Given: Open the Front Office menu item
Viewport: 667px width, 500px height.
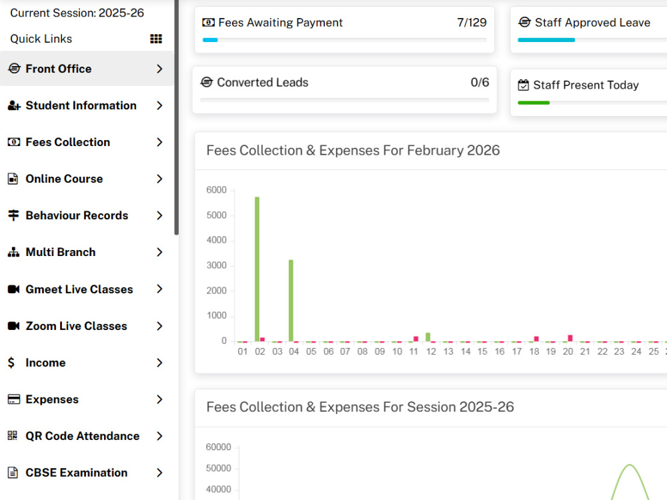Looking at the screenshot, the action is [x=58, y=69].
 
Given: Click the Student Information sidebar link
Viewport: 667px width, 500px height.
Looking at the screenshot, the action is [x=81, y=105].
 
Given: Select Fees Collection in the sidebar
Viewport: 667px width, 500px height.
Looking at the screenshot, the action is [x=67, y=142].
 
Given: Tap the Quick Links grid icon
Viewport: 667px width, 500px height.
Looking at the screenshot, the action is [x=156, y=39].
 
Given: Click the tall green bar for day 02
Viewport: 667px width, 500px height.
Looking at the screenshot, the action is [x=257, y=269].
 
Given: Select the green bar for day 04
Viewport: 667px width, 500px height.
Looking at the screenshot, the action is [x=291, y=300].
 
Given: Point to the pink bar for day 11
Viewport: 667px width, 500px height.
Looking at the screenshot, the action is [x=416, y=339].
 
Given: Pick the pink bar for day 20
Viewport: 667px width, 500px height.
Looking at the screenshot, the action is [x=570, y=338].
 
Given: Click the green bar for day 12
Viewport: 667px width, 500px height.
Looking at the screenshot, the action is [x=428, y=337].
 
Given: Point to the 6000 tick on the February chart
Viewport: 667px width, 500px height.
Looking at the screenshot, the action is [x=216, y=190].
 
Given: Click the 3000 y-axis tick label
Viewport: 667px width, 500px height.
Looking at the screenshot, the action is [x=216, y=265].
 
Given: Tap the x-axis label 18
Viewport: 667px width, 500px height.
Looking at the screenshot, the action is [x=534, y=351].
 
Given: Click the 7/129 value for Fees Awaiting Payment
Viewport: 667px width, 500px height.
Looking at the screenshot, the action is [x=472, y=23].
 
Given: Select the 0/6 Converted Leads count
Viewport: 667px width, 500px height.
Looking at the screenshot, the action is [x=480, y=82].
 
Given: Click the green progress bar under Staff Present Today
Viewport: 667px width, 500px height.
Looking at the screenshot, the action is [x=534, y=103].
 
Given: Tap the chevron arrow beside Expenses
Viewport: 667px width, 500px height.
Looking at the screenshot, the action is [x=159, y=399].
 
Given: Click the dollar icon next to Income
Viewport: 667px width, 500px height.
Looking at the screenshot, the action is [x=11, y=362].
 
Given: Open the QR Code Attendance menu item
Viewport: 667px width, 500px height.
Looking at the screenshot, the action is [x=83, y=436].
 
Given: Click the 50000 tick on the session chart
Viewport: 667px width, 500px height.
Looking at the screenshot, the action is [x=218, y=468].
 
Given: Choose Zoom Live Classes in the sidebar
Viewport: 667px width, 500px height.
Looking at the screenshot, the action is [x=76, y=326].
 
